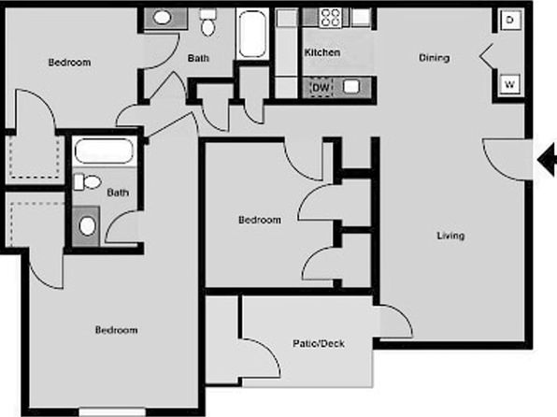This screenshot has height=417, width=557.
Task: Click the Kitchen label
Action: click(322, 52)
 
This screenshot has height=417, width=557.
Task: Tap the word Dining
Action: click(434, 58)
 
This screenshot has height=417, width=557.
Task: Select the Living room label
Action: click(450, 236)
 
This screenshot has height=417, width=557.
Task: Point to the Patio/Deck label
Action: click(319, 343)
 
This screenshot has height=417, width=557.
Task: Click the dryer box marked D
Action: click(510, 20)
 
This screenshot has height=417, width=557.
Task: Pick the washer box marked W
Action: click(509, 84)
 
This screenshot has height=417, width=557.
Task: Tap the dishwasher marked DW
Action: click(321, 88)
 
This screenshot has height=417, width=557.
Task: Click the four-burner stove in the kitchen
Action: click(331, 18)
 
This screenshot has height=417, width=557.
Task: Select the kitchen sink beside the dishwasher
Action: click(351, 87)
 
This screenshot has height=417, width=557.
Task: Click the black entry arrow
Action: click(547, 160)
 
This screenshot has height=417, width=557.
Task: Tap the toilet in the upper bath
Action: click(207, 22)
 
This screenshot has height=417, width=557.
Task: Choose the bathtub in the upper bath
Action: click(252, 34)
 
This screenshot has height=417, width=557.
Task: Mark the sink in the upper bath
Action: click(162, 17)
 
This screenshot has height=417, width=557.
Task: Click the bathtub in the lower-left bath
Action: click(104, 151)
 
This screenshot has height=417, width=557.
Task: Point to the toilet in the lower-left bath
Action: click(88, 181)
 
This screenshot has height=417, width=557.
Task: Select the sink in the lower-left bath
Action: click(87, 226)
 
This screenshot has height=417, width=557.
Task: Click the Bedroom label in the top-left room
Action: click(69, 63)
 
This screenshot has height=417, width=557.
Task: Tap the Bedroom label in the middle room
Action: click(260, 220)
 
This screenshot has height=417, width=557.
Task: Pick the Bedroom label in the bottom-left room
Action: click(116, 330)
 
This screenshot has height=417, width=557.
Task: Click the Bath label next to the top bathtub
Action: click(198, 58)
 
